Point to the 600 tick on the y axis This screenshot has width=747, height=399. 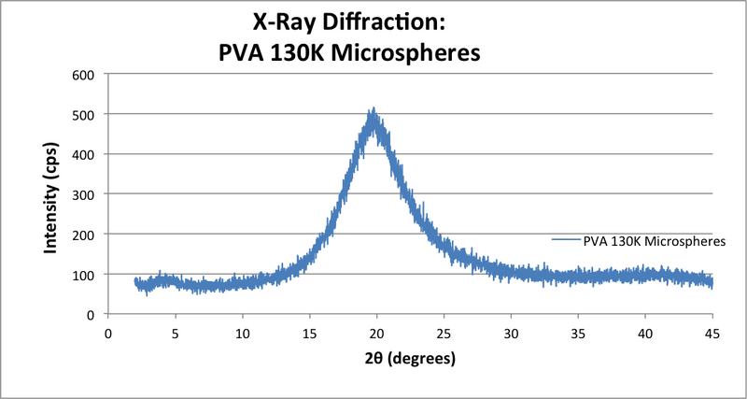click(85, 74)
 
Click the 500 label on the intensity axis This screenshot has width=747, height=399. click(85, 114)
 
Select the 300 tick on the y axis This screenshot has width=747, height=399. click(85, 194)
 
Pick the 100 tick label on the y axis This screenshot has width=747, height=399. click(85, 275)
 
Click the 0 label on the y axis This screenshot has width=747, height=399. click(92, 315)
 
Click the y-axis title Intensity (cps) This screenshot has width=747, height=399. click(53, 194)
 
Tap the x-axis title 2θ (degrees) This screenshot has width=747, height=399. click(410, 357)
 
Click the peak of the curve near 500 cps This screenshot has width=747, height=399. click(373, 112)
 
